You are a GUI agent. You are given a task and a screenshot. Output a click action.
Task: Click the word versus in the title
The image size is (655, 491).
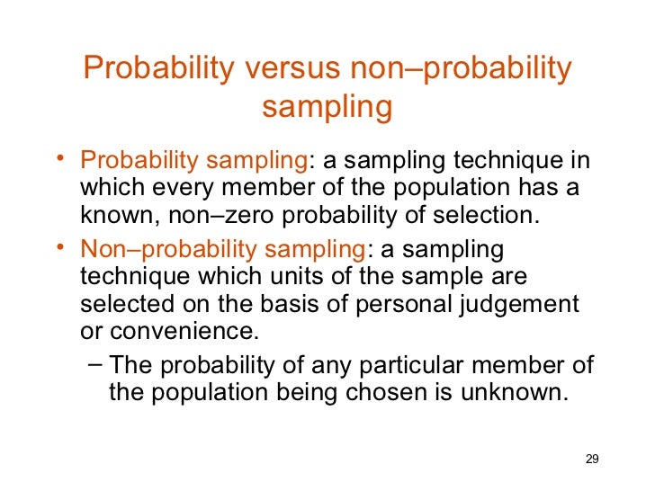tap(286, 69)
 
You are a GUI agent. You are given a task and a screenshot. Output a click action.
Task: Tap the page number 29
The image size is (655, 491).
tap(591, 460)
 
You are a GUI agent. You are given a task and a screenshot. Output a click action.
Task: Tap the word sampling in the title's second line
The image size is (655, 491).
tap(327, 107)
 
